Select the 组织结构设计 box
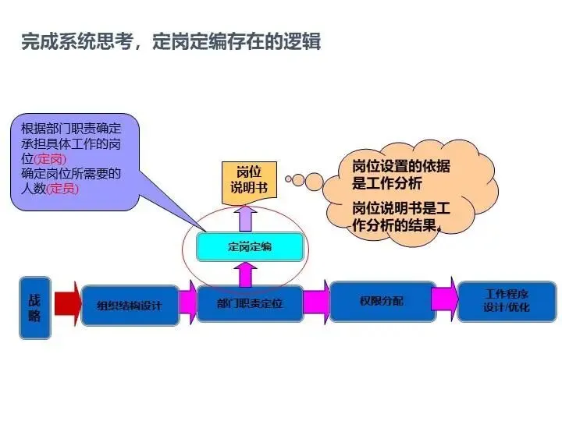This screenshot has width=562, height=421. pos(130,306)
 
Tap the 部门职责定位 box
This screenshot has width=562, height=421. pos(250,305)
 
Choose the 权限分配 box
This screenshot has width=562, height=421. pos(382,301)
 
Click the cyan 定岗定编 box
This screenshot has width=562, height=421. pos(250,247)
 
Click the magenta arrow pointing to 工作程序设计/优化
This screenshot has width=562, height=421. pos(444,299)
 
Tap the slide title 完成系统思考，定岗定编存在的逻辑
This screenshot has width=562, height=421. pos(171,41)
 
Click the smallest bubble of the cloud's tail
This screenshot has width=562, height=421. pos(288,179)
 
